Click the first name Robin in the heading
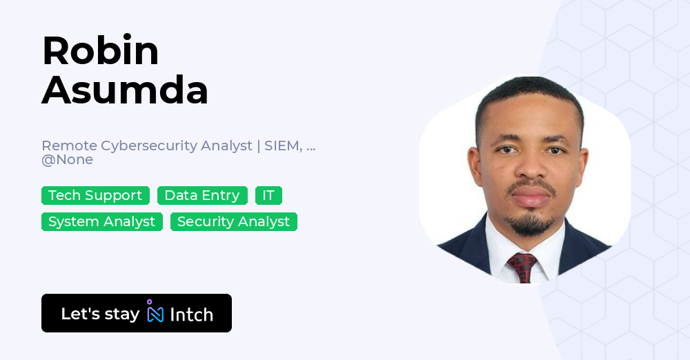tap(100, 50)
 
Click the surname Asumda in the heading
tap(125, 90)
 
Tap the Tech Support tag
tap(95, 195)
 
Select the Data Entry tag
tap(202, 195)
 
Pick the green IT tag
tap(268, 195)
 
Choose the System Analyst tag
tap(102, 222)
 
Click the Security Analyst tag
tap(234, 222)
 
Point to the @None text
tap(68, 159)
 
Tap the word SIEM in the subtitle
tap(283, 146)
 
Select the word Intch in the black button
tap(191, 314)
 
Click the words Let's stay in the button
tap(100, 314)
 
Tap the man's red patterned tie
tap(522, 267)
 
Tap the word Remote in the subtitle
tap(69, 146)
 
